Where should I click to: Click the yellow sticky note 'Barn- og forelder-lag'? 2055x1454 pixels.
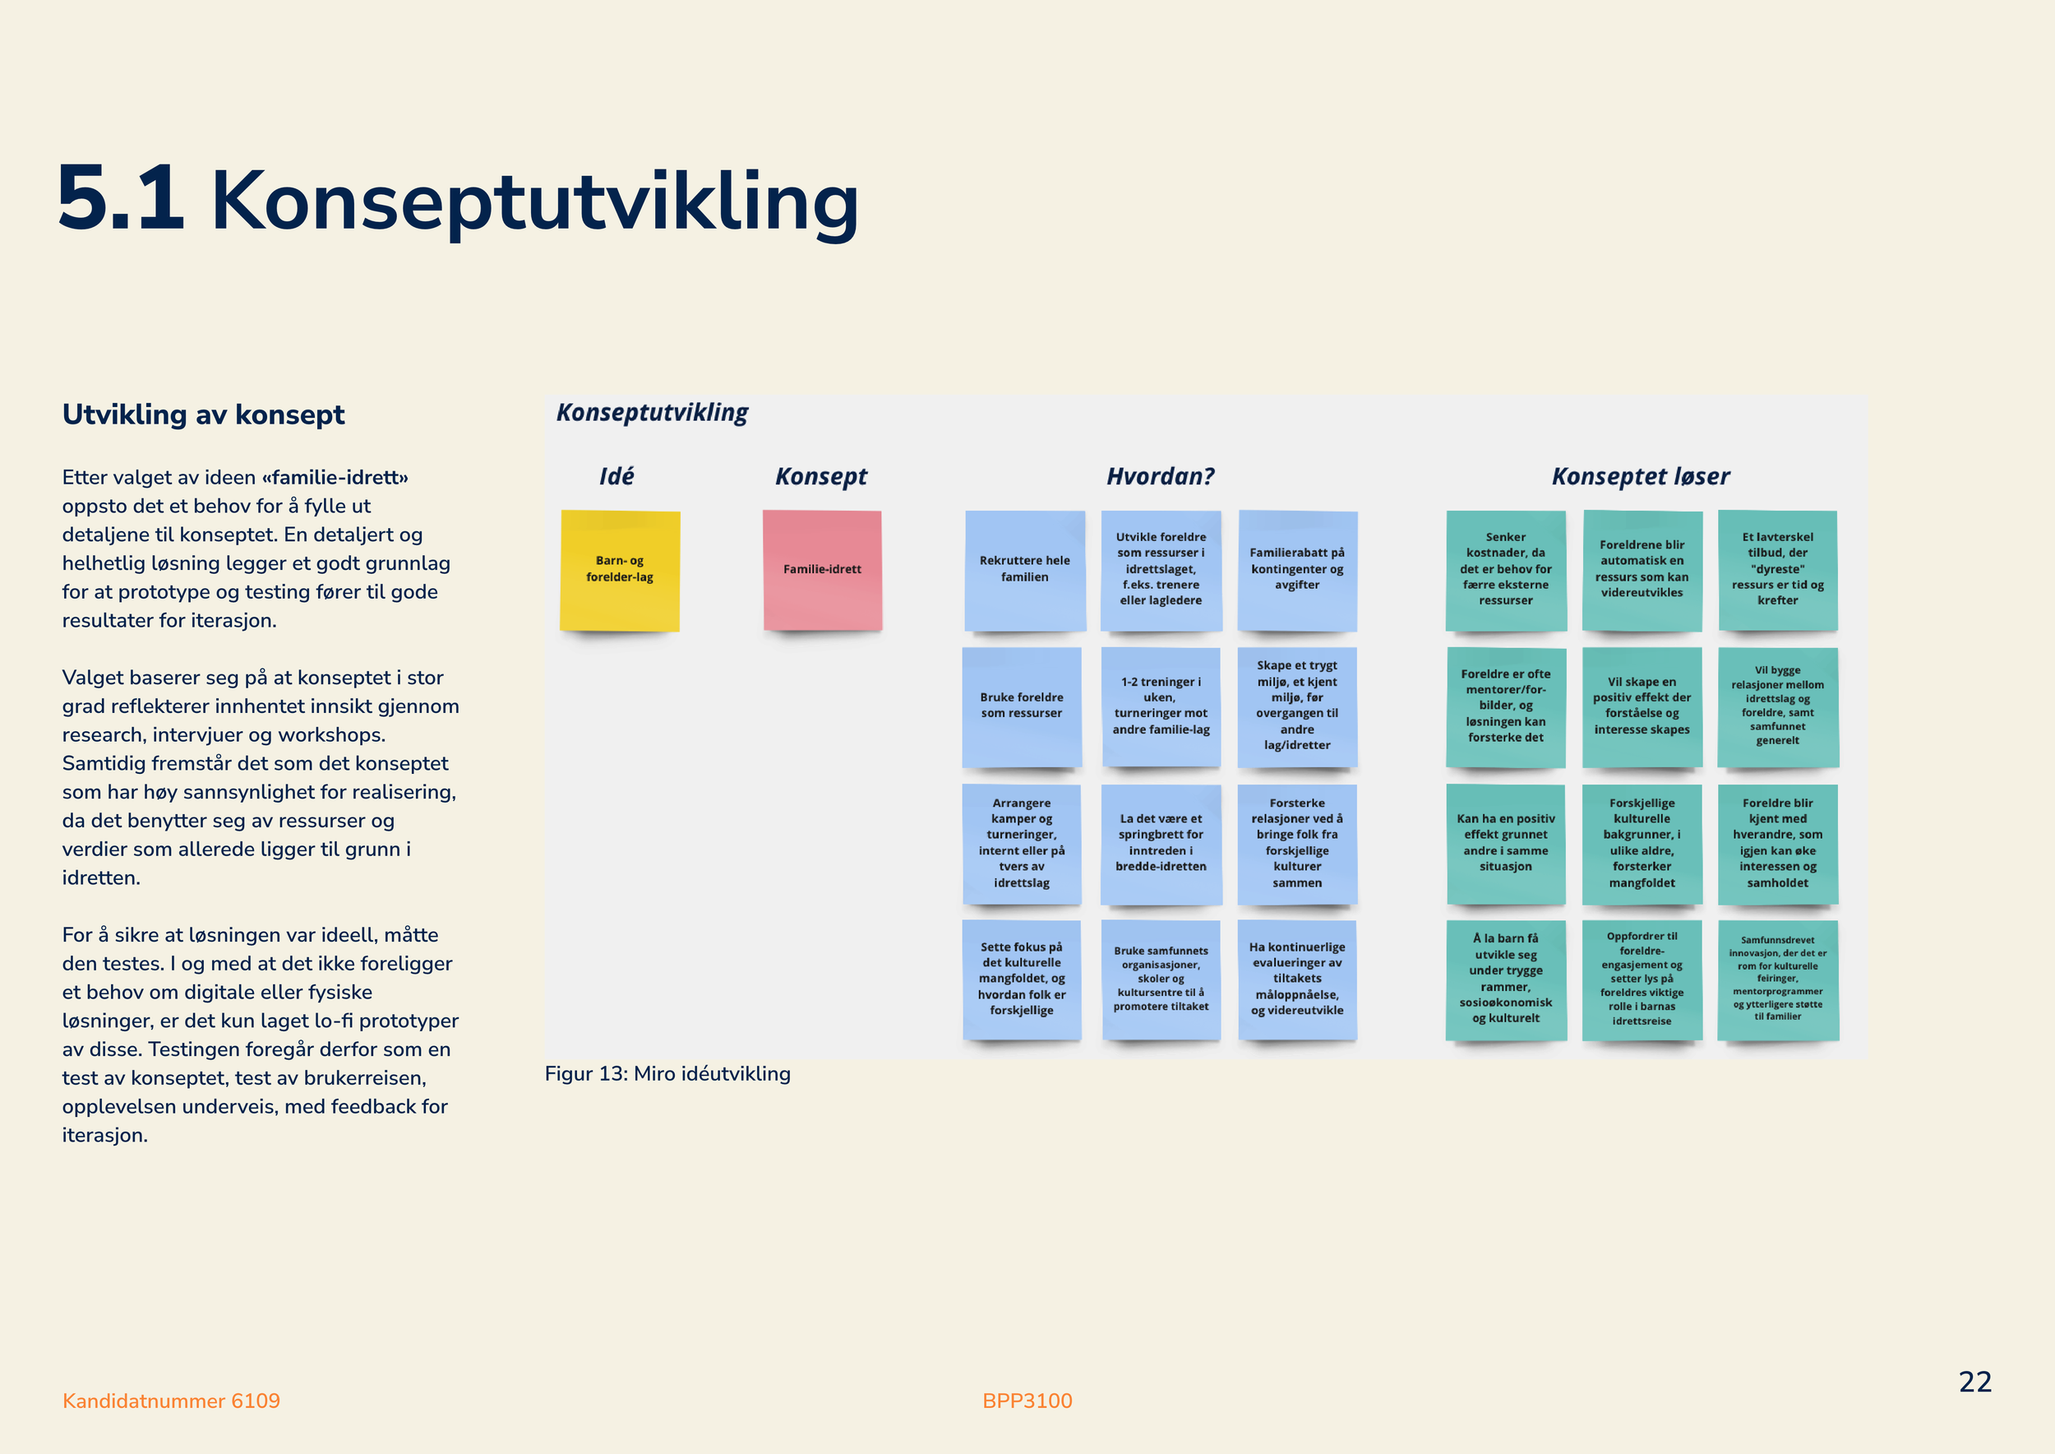point(619,570)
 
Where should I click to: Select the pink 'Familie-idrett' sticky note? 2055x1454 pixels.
point(823,570)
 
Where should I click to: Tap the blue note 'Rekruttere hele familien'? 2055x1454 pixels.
point(1025,570)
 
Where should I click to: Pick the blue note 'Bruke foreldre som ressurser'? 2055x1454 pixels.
point(1021,706)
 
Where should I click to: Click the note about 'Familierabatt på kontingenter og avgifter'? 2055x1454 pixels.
point(1297,570)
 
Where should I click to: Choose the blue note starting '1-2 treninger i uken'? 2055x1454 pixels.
point(1161,706)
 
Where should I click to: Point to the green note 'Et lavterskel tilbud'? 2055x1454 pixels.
point(1777,570)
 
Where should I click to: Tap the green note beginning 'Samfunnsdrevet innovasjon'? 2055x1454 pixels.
point(1777,980)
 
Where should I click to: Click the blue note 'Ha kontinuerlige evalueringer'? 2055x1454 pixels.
point(1297,979)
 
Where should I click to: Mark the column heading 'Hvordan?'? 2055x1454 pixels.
point(1161,476)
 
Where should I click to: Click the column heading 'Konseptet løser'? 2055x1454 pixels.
point(1641,476)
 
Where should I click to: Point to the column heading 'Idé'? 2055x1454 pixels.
point(616,475)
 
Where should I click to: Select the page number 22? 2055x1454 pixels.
point(1975,1382)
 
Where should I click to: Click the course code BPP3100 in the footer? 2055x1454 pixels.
point(1027,1401)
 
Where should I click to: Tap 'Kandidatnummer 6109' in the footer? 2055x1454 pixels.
point(171,1401)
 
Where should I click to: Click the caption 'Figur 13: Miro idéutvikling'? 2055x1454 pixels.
point(667,1073)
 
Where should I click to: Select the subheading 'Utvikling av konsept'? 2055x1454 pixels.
point(203,414)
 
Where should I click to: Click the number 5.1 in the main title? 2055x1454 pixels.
point(121,198)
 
